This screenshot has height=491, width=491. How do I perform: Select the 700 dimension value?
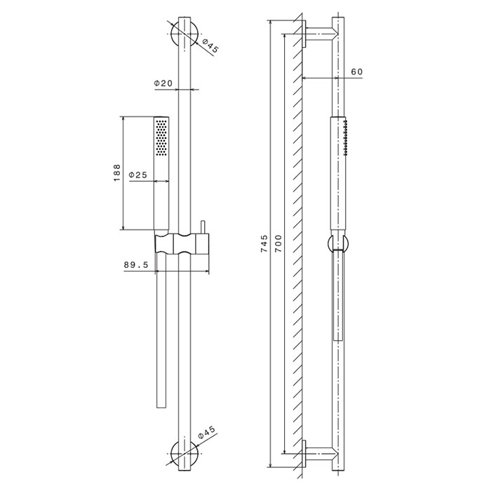(x=278, y=243)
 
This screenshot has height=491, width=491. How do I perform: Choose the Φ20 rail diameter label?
(x=163, y=83)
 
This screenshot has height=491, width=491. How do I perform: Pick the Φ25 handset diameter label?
(x=137, y=175)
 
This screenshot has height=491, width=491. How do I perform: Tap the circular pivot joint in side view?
(x=337, y=245)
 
